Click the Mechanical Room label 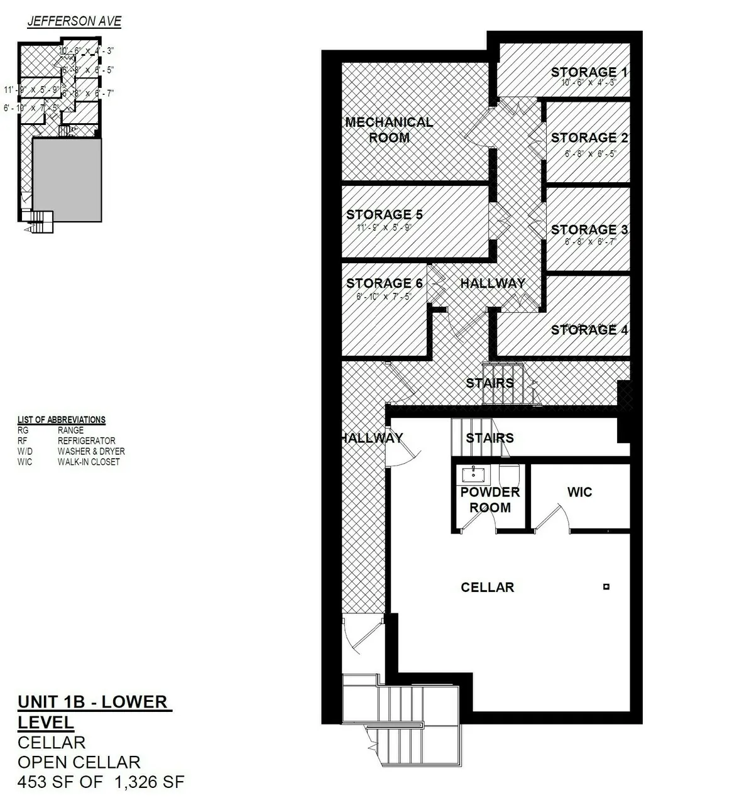[x=389, y=130]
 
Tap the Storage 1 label [x=589, y=72]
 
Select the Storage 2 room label [x=589, y=138]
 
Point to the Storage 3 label [x=589, y=229]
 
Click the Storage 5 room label [x=384, y=214]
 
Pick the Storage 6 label [x=384, y=283]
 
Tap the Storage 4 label [x=589, y=330]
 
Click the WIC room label [x=579, y=492]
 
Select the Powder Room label [x=489, y=500]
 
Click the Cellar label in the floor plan [x=487, y=588]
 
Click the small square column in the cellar [x=606, y=587]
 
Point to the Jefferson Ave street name [x=74, y=21]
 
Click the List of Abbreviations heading [x=62, y=420]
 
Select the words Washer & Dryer [x=91, y=451]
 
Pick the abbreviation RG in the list [x=24, y=430]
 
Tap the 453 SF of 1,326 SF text [x=101, y=782]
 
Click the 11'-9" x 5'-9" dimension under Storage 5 [x=383, y=227]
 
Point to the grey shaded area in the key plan [x=67, y=180]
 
